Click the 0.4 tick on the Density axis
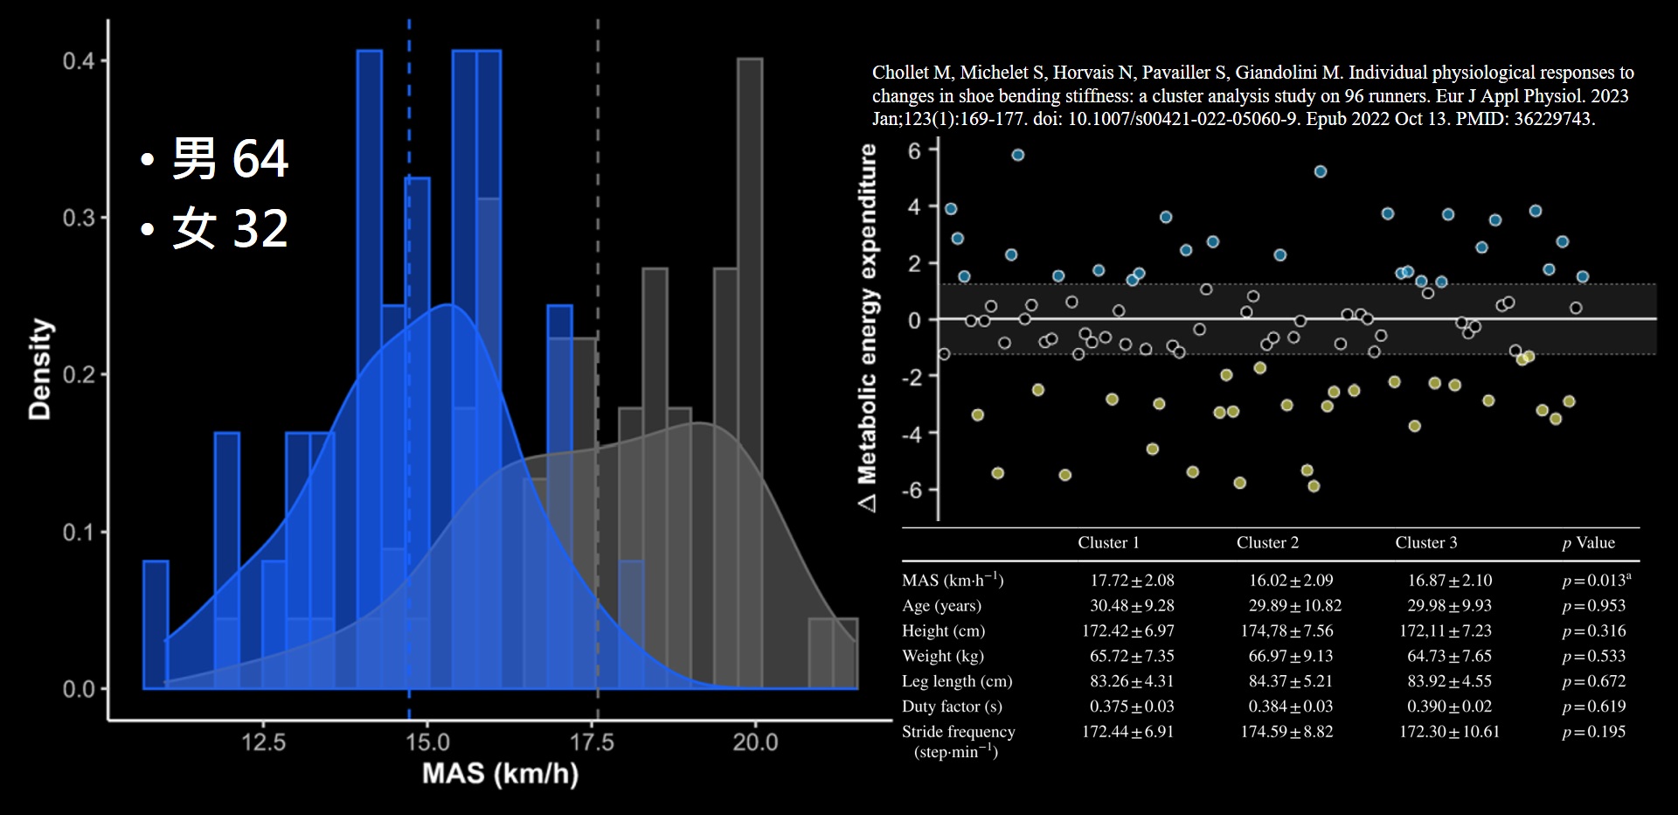tap(79, 61)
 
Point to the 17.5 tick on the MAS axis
tap(592, 742)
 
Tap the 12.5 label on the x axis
tap(263, 742)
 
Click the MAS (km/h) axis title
tap(500, 774)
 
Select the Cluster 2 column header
tap(1267, 543)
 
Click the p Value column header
tap(1588, 543)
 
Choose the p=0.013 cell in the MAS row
tap(1595, 581)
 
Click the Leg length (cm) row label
tap(957, 681)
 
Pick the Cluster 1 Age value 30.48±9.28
tap(1132, 606)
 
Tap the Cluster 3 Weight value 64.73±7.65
tap(1449, 656)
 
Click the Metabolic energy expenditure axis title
tap(867, 327)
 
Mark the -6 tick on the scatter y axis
tap(913, 490)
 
